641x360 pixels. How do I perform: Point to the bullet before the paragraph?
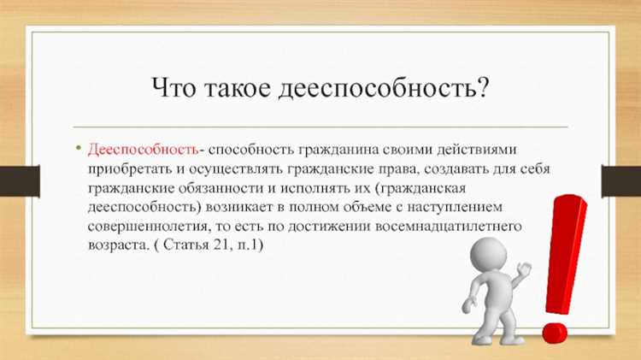(78, 150)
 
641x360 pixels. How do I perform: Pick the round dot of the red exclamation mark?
(553, 328)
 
